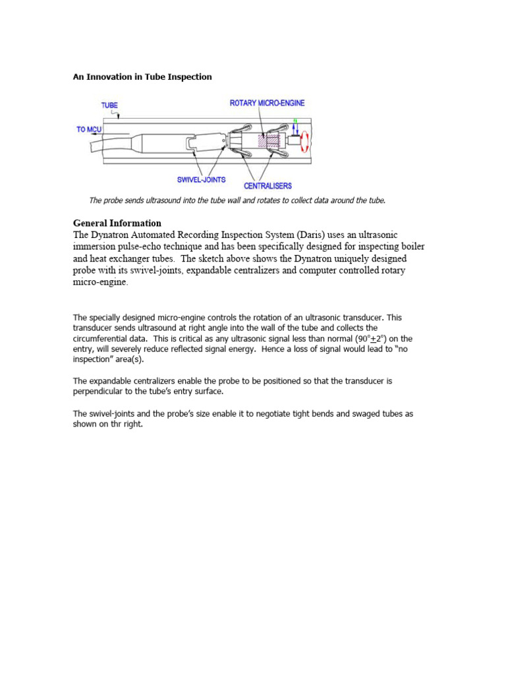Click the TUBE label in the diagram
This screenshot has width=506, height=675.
[x=110, y=105]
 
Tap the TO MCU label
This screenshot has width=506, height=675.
[x=90, y=129]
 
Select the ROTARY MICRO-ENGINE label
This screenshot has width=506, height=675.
[x=267, y=103]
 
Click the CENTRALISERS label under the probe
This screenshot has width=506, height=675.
[x=267, y=186]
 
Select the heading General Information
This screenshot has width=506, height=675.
[x=117, y=223]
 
